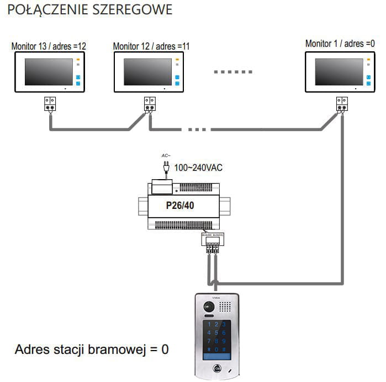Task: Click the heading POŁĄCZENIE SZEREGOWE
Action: pos(87,10)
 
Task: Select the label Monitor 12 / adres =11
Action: pos(151,46)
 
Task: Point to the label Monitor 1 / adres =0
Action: pos(343,43)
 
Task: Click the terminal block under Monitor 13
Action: pos(50,103)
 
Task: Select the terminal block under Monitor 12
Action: pos(150,103)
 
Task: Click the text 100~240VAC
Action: pos(198,167)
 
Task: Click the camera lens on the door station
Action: pos(208,306)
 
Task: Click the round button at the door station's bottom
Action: pos(216,370)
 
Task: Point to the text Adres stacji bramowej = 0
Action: pos(92,349)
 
